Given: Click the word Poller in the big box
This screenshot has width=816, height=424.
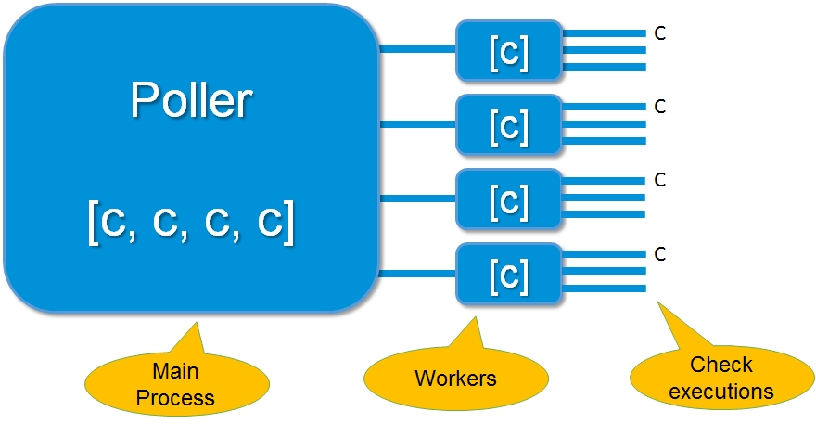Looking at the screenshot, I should point(191,99).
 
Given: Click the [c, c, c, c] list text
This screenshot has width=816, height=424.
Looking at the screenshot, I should point(191,223).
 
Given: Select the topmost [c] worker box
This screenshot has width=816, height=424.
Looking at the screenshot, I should point(509,51).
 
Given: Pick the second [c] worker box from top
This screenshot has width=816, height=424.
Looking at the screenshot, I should point(509,124).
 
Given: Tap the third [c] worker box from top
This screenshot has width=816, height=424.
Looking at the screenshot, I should point(509,198).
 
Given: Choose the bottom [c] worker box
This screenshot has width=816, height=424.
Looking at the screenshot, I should point(509,273).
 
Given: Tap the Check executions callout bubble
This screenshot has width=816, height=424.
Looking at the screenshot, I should point(720,378).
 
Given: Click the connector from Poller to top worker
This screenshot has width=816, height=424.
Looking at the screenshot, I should point(417,50).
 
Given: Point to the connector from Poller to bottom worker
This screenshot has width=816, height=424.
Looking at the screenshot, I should point(417,273).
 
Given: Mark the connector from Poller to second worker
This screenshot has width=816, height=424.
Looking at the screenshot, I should point(417,124).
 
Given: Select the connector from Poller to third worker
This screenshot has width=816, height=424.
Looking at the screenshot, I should point(417,198).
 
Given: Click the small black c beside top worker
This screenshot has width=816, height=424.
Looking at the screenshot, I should point(659,34).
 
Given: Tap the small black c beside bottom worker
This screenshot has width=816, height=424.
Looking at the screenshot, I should point(659,253).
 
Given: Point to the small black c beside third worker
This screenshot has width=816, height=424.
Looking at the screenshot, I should point(659,180).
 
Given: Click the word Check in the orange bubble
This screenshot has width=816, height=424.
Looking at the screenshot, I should point(721,365).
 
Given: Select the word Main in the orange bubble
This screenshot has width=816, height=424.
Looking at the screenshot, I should point(176,372).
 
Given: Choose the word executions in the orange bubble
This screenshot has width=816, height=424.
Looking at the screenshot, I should point(720,391).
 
